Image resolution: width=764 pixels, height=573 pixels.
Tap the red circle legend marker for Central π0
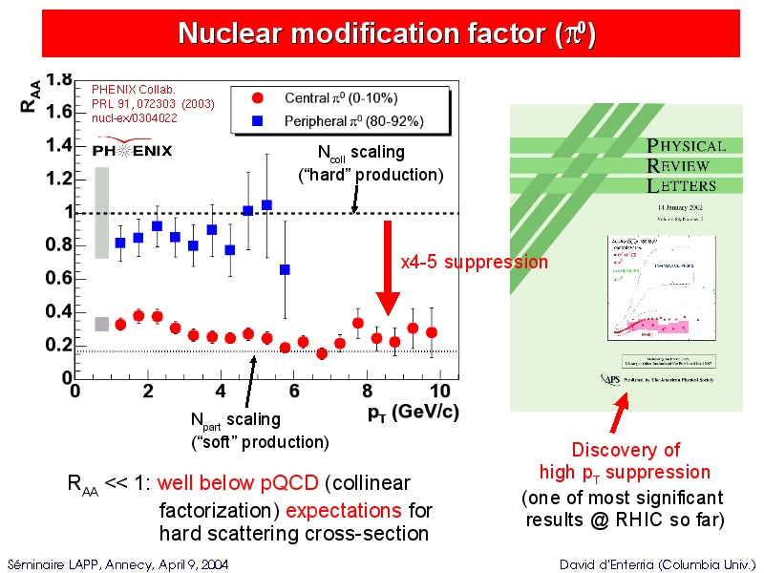[257, 97]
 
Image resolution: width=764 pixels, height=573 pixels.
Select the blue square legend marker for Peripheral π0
[257, 121]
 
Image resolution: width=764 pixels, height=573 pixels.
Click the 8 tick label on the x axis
[367, 391]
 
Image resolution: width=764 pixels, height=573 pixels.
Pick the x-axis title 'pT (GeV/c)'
[413, 413]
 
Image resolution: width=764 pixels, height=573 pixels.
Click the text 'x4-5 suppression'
[474, 262]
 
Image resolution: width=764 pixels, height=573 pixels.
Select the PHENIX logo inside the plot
[132, 149]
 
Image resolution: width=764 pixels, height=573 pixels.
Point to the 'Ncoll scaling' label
[361, 153]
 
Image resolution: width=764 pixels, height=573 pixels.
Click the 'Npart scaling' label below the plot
[236, 419]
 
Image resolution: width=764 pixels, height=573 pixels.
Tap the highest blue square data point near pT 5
[266, 204]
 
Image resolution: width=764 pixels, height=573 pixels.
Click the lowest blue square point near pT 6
[285, 269]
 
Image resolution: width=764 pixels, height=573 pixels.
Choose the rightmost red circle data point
[432, 332]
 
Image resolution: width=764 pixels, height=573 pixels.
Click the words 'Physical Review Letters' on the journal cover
[686, 165]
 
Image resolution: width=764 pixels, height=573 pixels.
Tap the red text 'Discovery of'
[626, 450]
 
